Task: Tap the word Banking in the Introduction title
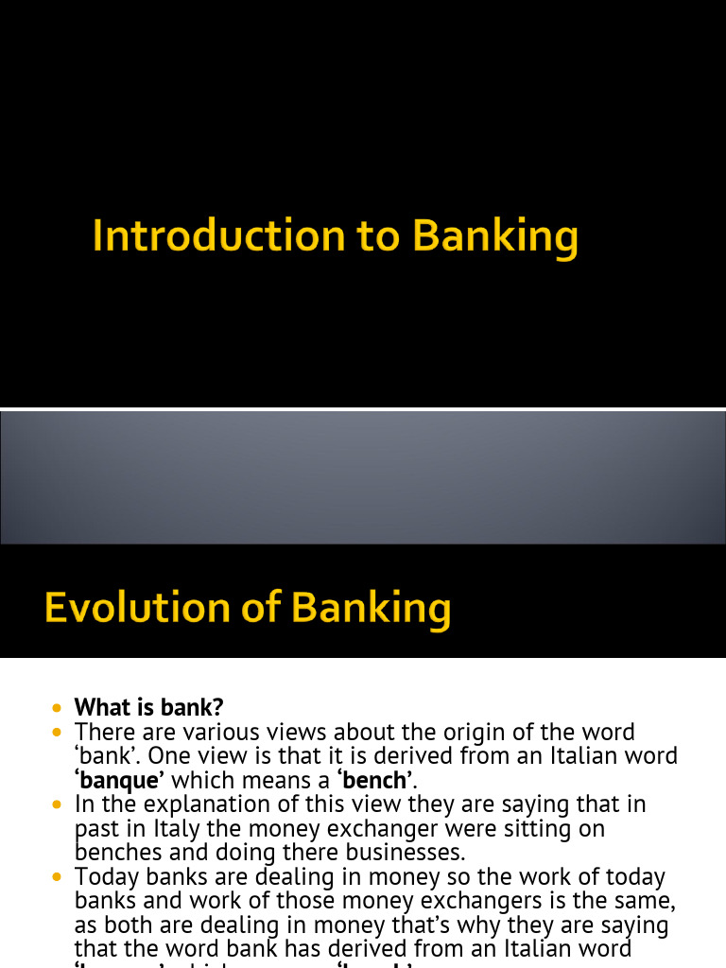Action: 495,236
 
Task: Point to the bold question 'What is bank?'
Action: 148,707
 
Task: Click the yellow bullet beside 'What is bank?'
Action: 59,707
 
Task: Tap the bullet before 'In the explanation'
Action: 59,804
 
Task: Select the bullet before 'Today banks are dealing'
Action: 59,877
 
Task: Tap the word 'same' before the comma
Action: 643,902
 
